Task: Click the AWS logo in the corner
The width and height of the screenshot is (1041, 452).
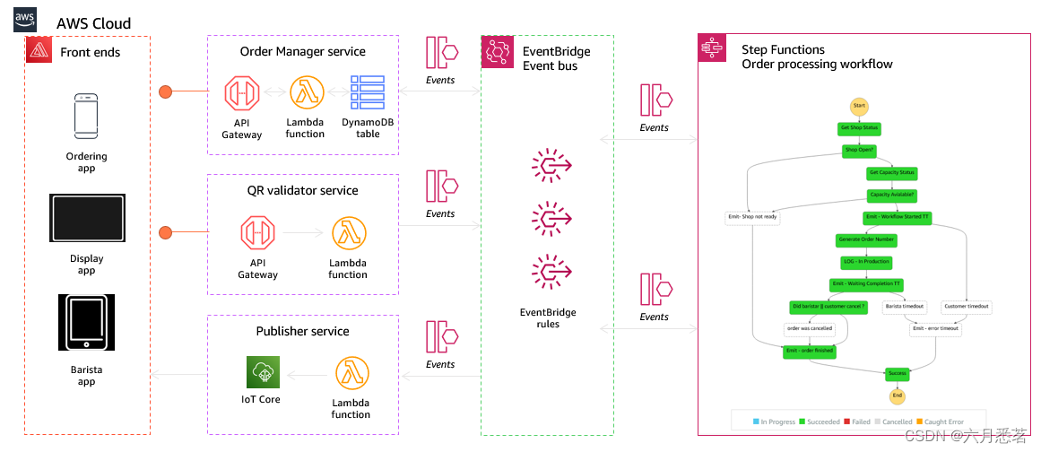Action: (x=25, y=20)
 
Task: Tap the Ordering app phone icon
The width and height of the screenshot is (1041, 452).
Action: (x=86, y=114)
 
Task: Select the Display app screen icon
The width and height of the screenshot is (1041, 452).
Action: (x=86, y=218)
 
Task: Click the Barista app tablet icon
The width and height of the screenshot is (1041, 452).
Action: (x=87, y=322)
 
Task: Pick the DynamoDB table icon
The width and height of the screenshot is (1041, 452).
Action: (x=368, y=92)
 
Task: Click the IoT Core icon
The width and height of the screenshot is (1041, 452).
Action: (x=264, y=372)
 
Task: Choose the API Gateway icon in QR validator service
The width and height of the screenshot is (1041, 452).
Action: (x=257, y=232)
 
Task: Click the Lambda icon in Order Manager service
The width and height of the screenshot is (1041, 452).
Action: (x=306, y=92)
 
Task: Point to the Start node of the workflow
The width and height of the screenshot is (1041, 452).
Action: (x=858, y=106)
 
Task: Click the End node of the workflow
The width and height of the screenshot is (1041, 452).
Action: (x=897, y=395)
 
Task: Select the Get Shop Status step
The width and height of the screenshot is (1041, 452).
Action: (x=858, y=128)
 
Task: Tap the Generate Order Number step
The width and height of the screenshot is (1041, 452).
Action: (x=865, y=239)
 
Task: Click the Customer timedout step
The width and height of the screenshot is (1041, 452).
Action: (x=966, y=306)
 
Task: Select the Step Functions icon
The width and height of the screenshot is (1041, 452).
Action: (x=712, y=49)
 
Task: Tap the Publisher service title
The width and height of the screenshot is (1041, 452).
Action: (x=302, y=331)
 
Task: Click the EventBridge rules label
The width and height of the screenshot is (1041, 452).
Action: (x=548, y=318)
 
